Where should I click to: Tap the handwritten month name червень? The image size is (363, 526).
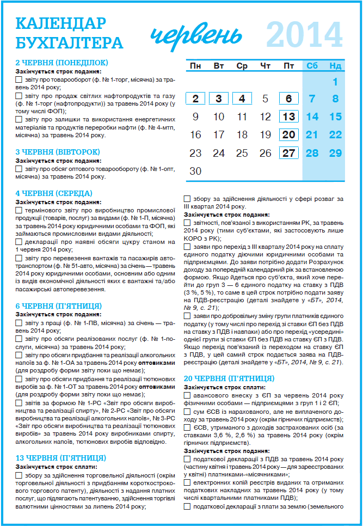(196, 35)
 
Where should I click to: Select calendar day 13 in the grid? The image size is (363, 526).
(289, 117)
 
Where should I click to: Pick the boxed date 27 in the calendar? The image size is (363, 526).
(289, 153)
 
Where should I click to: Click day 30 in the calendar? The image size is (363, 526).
(195, 171)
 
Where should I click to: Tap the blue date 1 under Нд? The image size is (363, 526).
(335, 82)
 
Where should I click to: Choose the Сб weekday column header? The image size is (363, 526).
(312, 66)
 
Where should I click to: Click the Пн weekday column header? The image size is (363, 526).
(195, 66)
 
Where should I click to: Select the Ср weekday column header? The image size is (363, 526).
(242, 66)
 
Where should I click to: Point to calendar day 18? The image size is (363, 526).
(242, 135)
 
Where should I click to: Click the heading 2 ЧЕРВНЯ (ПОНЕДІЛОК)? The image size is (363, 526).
(61, 63)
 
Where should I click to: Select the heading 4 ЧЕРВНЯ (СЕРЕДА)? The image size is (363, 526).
(54, 193)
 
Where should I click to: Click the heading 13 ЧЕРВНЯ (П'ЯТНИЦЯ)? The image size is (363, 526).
(60, 458)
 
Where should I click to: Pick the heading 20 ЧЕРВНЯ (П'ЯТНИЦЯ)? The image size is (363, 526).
(229, 378)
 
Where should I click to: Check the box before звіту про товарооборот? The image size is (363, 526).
(19, 79)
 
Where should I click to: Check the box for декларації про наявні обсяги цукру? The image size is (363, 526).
(19, 242)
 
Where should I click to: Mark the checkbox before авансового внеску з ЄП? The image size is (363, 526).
(187, 395)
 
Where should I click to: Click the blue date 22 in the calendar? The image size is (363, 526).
(335, 135)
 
